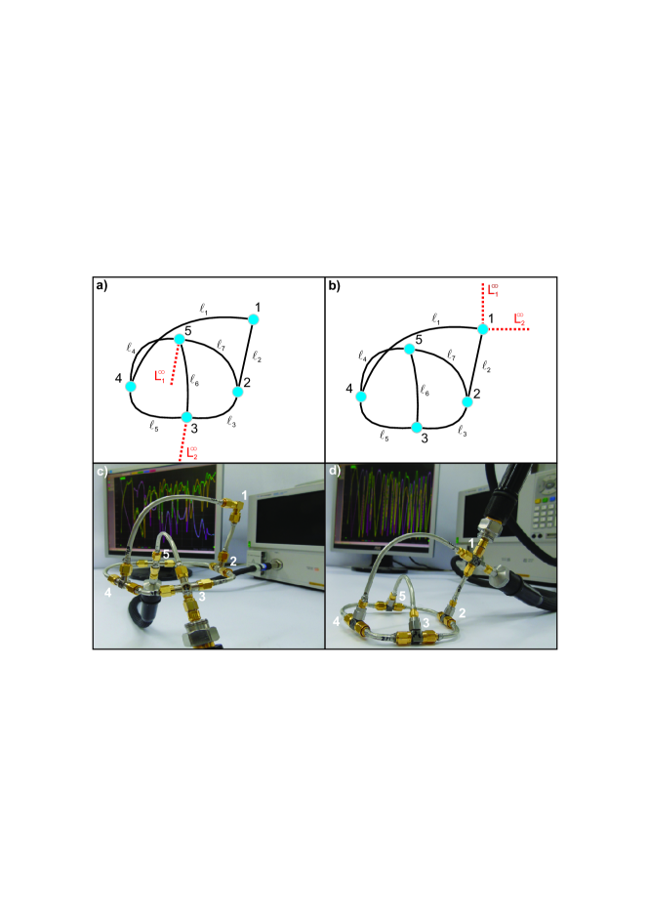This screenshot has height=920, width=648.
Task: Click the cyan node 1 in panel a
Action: point(254,318)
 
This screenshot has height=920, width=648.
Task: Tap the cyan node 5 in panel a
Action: point(180,339)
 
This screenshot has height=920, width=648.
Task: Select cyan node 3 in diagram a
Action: point(186,417)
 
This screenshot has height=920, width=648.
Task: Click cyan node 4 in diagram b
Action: point(361,397)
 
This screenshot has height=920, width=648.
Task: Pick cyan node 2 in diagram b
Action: point(467,402)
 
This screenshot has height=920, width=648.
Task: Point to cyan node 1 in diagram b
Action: point(483,329)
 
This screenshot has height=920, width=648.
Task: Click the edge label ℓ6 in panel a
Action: point(195,380)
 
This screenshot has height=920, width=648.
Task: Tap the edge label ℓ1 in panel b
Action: point(435,318)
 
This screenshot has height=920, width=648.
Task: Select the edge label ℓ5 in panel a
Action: point(153,427)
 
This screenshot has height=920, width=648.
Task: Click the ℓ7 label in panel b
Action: point(452,355)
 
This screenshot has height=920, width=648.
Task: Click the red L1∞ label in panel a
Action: point(160,375)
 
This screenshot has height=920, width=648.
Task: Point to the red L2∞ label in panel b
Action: point(519,318)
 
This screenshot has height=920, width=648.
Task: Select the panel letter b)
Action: point(335,286)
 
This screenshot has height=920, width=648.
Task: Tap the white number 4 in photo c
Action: point(108,593)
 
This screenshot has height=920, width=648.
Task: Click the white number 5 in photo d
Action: point(402,597)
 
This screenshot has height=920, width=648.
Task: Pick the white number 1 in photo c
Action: point(245,496)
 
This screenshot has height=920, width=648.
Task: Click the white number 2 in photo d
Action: point(463,613)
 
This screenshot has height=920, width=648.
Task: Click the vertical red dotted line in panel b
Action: point(483,304)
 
